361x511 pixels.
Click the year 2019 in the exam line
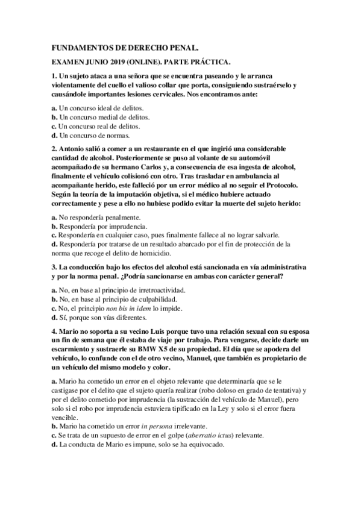pos(130,62)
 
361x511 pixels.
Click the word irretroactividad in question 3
pos(159,289)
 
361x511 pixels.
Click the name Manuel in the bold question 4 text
pos(224,359)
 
